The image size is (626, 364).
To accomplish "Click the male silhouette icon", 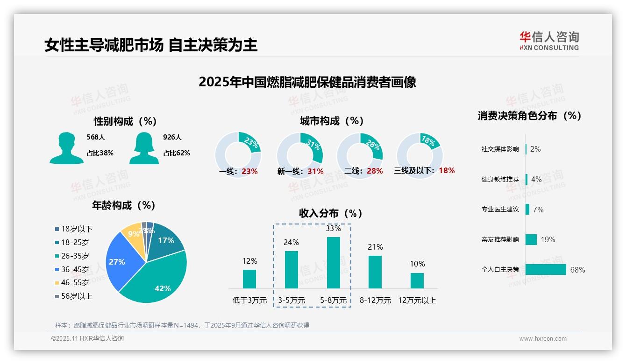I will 66,148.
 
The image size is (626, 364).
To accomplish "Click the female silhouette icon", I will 144,148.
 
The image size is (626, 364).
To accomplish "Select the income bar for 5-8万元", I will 333,263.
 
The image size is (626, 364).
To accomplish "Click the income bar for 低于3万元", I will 249,279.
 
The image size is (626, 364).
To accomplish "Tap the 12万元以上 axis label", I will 417,300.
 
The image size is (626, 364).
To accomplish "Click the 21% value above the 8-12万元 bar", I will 375,247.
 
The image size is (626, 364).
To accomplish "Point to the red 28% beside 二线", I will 375,171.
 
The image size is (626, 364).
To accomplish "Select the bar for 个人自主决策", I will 545,270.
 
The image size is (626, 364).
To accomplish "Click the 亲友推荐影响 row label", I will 500,240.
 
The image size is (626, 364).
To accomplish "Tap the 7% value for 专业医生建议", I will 538,210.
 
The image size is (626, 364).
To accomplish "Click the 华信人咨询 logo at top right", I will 549,41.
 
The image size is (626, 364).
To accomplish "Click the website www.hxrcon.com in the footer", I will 542,339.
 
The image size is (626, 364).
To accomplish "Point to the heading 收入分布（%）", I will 331,213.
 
